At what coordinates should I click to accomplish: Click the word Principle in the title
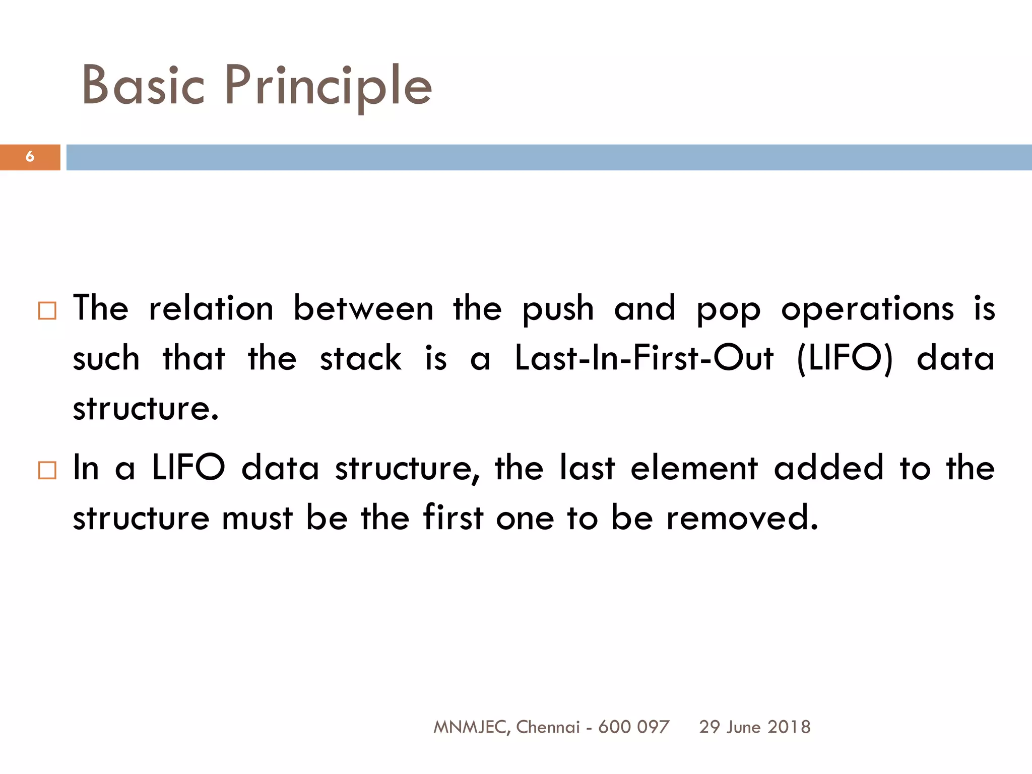328,87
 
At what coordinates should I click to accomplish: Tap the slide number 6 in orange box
30,157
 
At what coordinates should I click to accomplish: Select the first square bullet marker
47,311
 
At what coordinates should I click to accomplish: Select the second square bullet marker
47,470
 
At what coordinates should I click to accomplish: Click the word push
558,309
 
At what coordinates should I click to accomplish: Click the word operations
867,308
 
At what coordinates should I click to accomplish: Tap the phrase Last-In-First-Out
643,358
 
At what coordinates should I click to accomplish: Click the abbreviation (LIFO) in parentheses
845,359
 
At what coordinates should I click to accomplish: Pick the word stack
361,358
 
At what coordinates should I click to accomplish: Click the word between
363,308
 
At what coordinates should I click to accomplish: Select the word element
694,468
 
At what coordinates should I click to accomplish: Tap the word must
257,518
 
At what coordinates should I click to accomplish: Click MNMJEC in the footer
470,727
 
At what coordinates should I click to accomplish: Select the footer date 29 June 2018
754,727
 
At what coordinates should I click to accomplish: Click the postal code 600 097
633,727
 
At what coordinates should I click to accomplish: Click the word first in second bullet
453,518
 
